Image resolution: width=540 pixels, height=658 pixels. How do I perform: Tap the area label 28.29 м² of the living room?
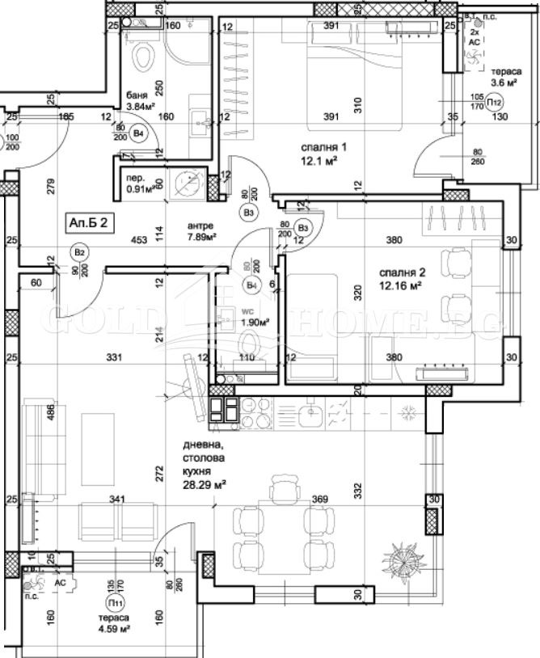205,485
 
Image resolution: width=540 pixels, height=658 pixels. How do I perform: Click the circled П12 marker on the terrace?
495,103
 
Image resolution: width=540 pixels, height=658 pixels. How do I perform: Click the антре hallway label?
200,225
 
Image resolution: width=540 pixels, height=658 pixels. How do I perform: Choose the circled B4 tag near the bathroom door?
139,133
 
